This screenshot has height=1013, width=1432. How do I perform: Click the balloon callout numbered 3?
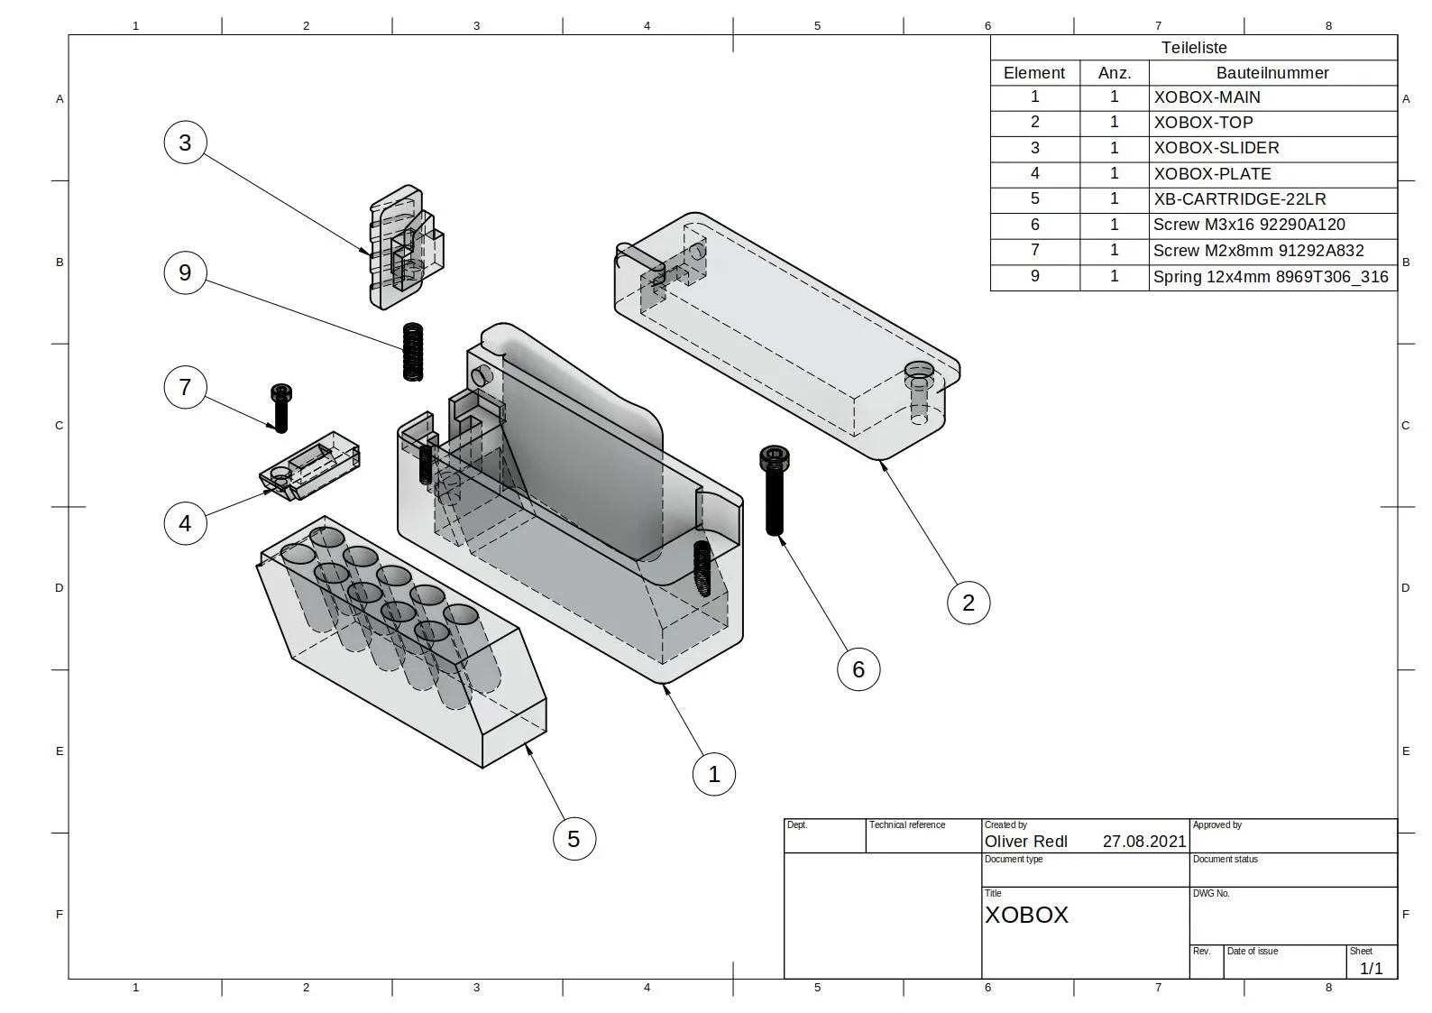(185, 143)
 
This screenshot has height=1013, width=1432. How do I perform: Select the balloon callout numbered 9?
(185, 272)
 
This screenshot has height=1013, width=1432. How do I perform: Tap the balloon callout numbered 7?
(185, 387)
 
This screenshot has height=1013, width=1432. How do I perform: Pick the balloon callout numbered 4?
(185, 523)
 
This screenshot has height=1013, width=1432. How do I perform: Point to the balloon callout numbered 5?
(574, 839)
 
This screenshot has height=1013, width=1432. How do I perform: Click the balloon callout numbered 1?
(714, 774)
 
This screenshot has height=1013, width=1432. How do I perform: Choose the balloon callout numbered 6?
(858, 669)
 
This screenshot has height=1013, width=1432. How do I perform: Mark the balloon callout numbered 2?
(968, 603)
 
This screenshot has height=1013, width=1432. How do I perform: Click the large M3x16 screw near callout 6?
(774, 491)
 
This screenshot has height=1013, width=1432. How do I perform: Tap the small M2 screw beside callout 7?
(280, 408)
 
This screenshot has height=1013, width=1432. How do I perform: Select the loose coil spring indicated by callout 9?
(412, 352)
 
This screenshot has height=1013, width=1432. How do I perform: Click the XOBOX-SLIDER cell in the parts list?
(1216, 148)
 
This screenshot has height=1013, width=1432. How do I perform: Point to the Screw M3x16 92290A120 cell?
(1249, 225)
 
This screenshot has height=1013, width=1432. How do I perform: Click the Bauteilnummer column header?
(1271, 73)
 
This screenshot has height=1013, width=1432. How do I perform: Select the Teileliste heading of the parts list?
(1193, 48)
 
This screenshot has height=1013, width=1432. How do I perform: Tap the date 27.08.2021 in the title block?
(1143, 842)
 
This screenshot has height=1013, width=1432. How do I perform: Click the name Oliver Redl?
(1025, 842)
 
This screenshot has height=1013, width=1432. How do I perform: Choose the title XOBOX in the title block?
(1026, 915)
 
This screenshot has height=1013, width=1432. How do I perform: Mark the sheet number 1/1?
(1371, 969)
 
